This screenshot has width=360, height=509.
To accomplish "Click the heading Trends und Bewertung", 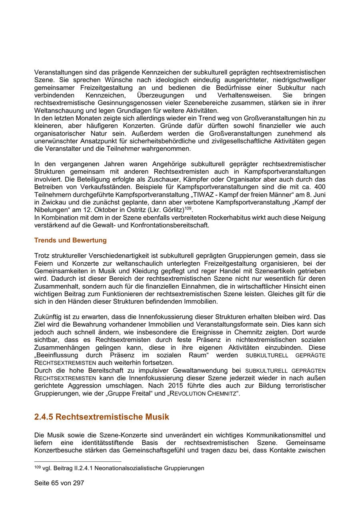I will [70, 240].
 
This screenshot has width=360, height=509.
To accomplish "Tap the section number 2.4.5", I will [44, 417].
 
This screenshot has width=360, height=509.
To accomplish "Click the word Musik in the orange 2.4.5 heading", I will [156, 417].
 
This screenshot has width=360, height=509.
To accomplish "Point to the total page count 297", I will [78, 483].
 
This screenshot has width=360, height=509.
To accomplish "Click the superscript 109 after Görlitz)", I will [188, 208].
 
